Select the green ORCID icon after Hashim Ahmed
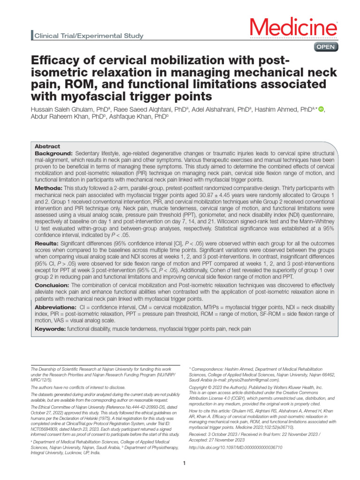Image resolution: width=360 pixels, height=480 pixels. point(321,109)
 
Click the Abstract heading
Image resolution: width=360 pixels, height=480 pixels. point(47,147)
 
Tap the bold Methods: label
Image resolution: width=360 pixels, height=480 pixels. point(49,187)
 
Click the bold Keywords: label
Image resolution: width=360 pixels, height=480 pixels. point(51,330)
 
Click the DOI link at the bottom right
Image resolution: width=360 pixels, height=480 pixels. point(234,448)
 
